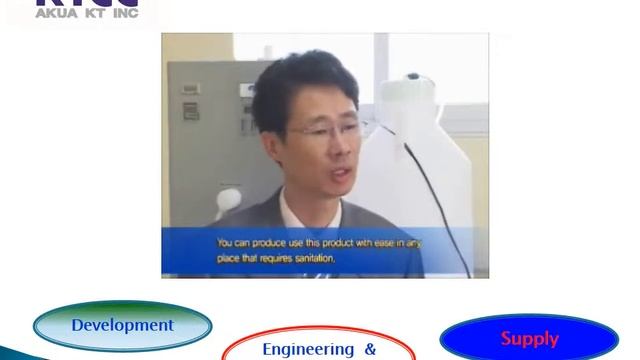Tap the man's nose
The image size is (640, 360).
tap(338, 145)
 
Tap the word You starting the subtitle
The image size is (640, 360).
tap(226, 242)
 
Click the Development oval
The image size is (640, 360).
tap(122, 326)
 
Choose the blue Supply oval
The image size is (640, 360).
tap(529, 338)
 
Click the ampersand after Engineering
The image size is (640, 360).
tap(370, 349)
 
